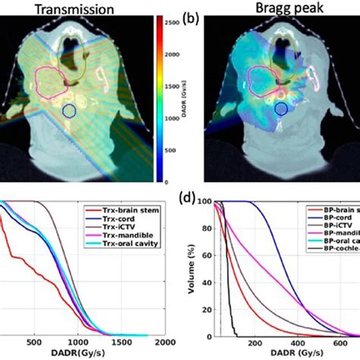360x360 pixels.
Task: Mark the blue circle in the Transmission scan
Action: click(69, 111)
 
